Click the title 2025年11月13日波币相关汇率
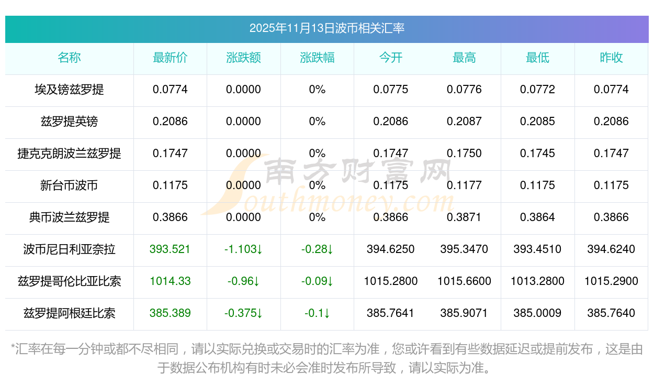(x=326, y=28)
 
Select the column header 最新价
(x=170, y=58)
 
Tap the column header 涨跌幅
(x=317, y=58)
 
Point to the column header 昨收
(x=611, y=58)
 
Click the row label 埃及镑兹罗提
(x=69, y=90)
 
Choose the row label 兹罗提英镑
(x=69, y=122)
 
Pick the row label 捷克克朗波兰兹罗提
(x=69, y=153)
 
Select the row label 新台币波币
(x=69, y=185)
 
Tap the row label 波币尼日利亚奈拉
(x=69, y=249)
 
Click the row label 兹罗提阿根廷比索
(x=69, y=313)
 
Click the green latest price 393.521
(x=170, y=249)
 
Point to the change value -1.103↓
(x=243, y=249)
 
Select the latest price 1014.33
(x=170, y=281)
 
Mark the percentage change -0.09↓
(x=317, y=281)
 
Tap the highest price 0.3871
(x=464, y=217)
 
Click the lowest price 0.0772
(x=537, y=90)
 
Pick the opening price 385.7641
(x=390, y=313)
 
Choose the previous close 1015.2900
(x=611, y=281)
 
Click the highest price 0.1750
(x=464, y=153)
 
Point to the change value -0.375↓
(x=243, y=313)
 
